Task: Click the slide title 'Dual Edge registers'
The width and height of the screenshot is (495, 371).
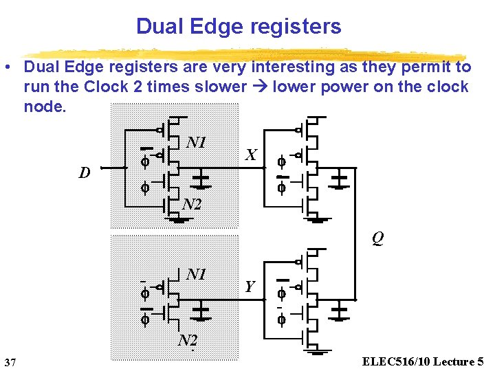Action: [x=239, y=26]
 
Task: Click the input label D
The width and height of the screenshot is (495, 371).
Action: [x=85, y=172]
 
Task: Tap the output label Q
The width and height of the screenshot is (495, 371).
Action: [x=377, y=238]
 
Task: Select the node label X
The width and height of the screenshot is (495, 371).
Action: [x=252, y=156]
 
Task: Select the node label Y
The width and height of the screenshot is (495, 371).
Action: [x=250, y=286]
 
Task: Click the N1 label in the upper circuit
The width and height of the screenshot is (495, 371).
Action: [x=197, y=142]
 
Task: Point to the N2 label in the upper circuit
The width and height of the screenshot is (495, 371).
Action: [x=192, y=203]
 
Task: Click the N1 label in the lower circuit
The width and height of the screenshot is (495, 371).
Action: [x=197, y=274]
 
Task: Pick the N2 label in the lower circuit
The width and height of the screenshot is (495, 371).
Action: [x=188, y=340]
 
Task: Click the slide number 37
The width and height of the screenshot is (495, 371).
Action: [x=10, y=362]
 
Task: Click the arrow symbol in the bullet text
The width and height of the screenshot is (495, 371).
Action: [x=261, y=87]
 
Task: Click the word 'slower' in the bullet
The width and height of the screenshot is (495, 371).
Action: [x=221, y=87]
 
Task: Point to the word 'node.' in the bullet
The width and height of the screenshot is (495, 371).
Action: [x=45, y=106]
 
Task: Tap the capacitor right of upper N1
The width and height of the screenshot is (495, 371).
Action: [x=201, y=181]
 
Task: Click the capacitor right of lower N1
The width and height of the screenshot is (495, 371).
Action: [x=201, y=313]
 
